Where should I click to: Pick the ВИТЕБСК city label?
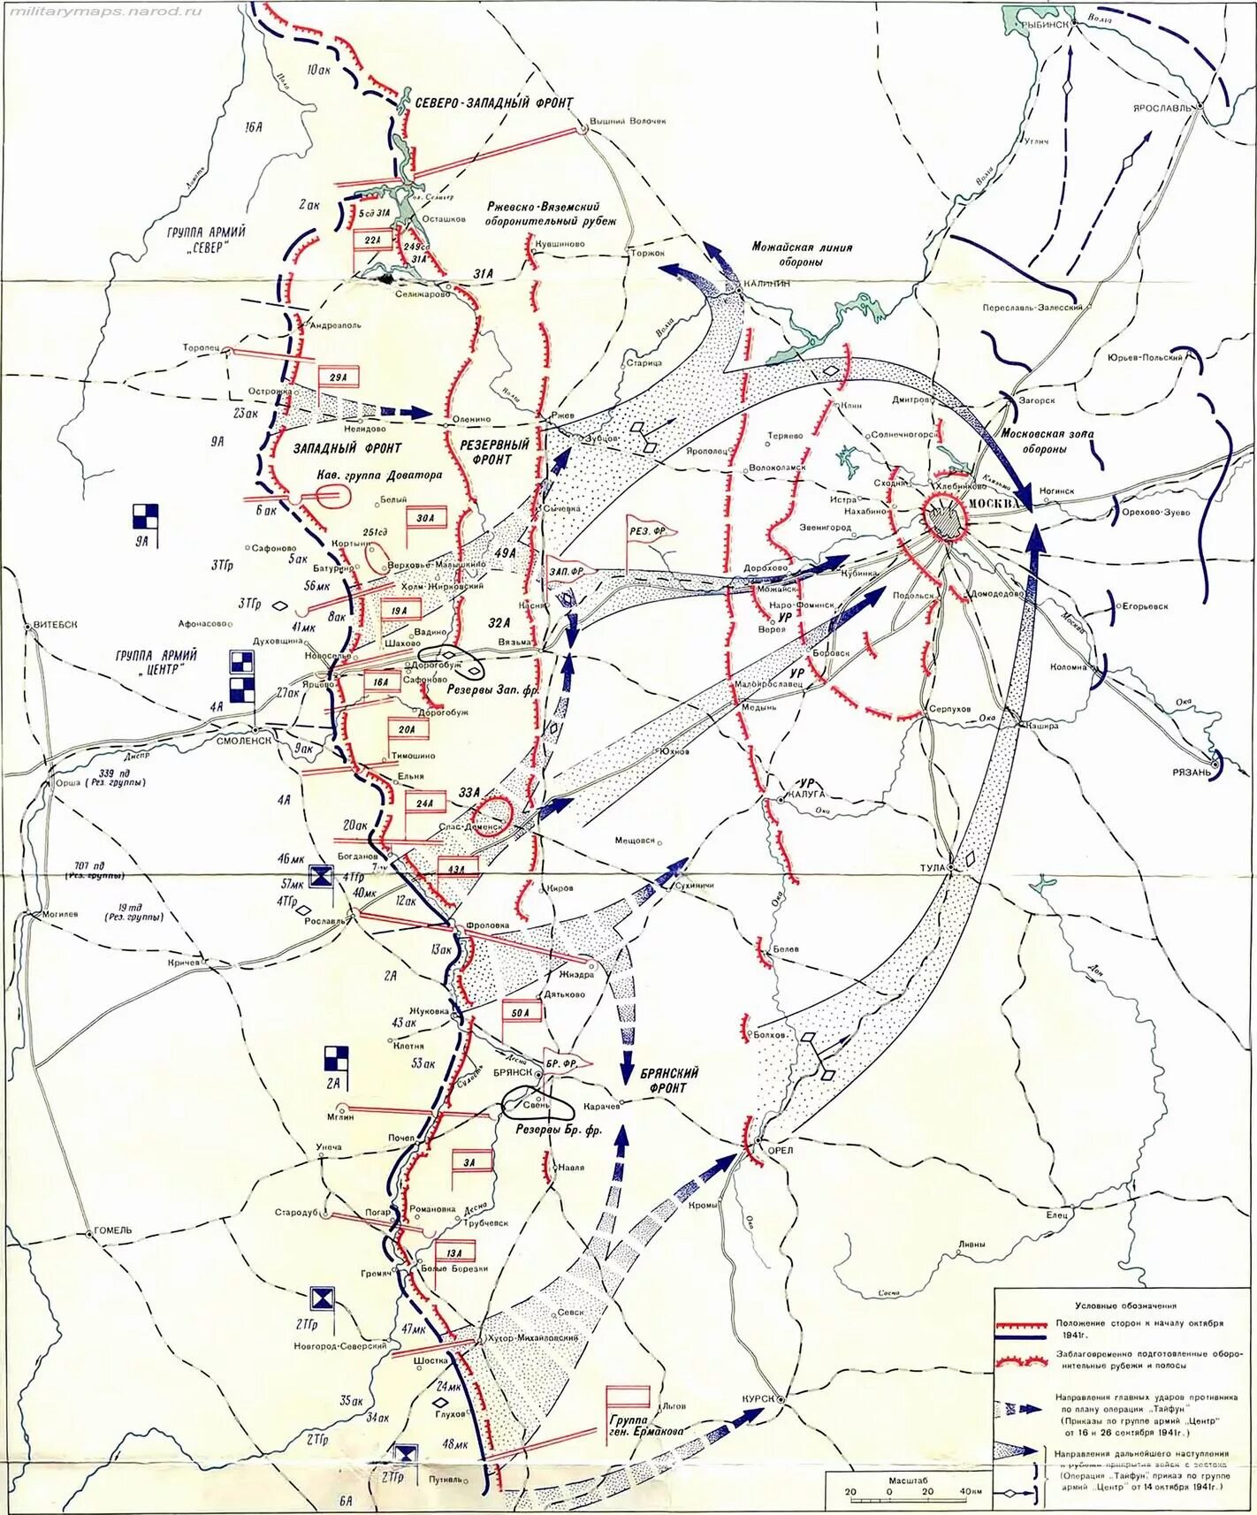55,624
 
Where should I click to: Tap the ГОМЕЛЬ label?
110,1230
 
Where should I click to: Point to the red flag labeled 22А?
372,240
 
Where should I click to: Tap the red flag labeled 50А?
520,1012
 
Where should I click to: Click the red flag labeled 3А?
469,1162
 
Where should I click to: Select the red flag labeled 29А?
339,377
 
